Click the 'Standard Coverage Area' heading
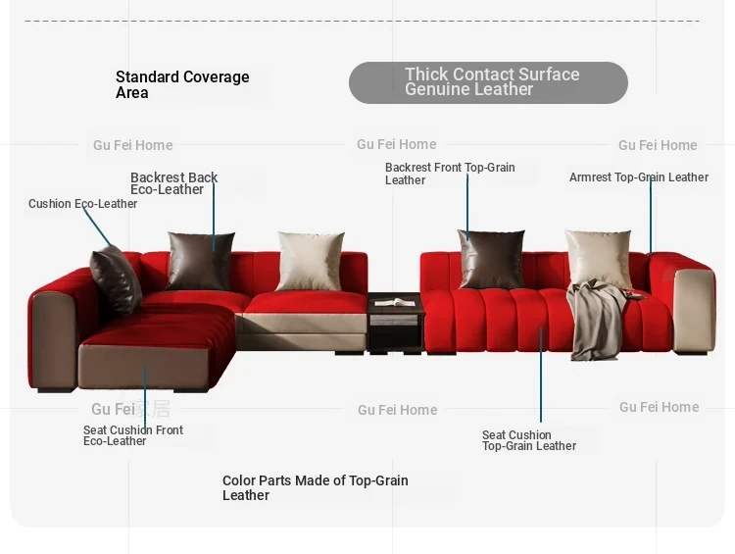pos(182,84)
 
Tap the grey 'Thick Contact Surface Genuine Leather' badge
pos(488,82)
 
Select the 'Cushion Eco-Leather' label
pos(82,204)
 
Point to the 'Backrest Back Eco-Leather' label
pos(173,183)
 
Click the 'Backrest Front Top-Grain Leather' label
pos(450,174)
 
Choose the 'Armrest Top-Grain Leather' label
pos(639,177)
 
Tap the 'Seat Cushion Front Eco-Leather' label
pos(133,435)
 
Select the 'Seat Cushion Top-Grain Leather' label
pos(529,440)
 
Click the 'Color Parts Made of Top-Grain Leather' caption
pos(315,488)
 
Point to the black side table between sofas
pos(396,324)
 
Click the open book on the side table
pos(395,303)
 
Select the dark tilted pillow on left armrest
pos(116,279)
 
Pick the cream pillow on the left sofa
pos(311,261)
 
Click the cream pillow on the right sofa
pos(599,259)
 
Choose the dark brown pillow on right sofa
pos(491,259)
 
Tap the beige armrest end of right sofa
pos(694,311)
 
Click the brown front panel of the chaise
pos(144,368)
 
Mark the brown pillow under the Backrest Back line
pos(200,261)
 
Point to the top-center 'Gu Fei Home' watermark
pos(397,144)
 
